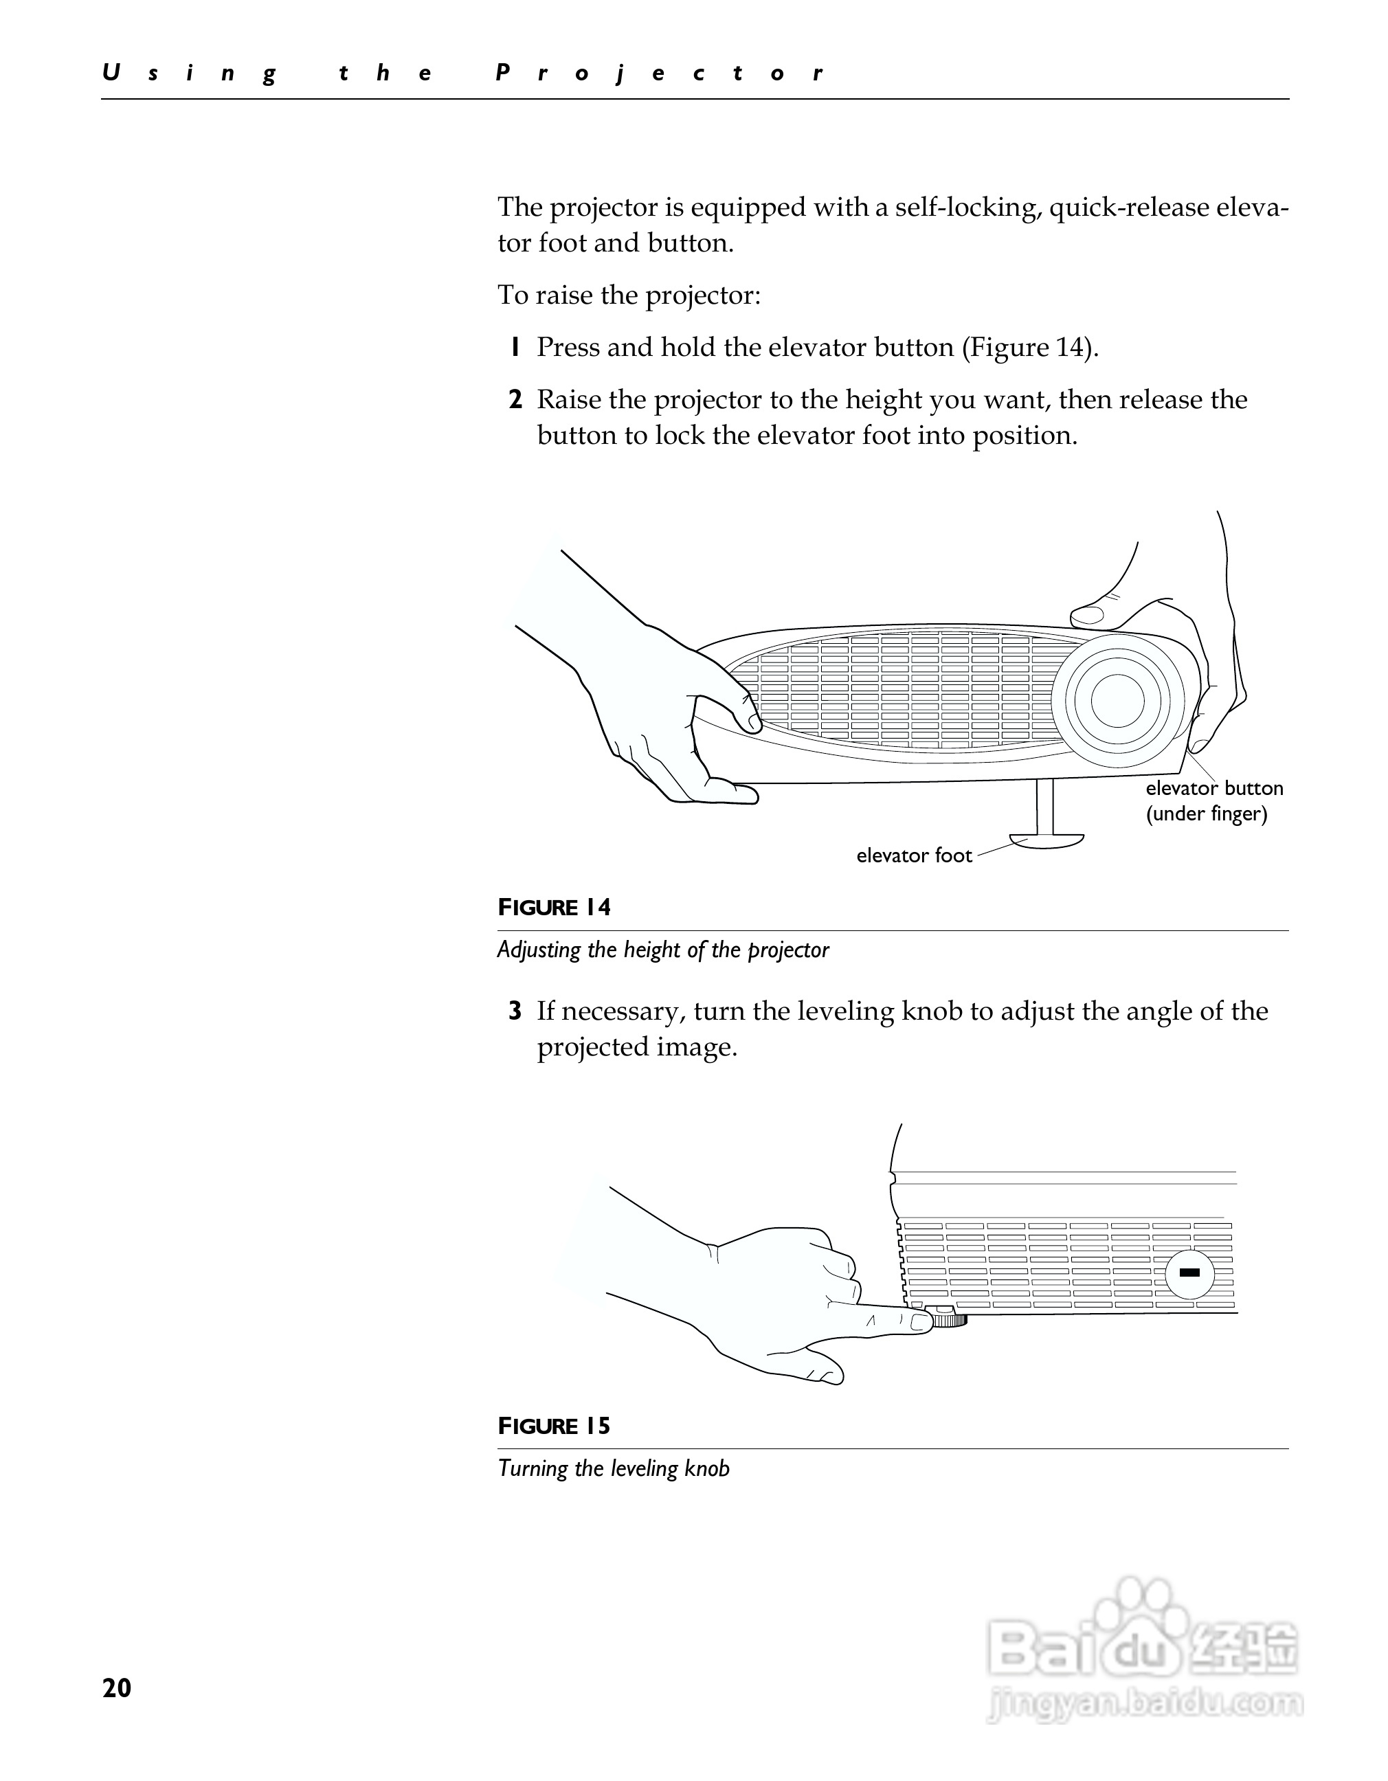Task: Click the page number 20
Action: coord(117,1688)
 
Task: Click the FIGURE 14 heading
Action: coord(554,907)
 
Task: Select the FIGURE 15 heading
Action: coord(554,1426)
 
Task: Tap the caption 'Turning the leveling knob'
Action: coord(614,1468)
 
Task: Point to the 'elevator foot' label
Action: coord(913,855)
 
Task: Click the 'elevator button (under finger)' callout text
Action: coord(1213,800)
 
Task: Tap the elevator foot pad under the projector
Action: coord(1046,840)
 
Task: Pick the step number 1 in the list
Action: coord(515,348)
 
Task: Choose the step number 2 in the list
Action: coord(515,400)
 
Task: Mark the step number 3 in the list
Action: coord(515,1011)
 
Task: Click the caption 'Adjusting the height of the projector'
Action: coord(662,950)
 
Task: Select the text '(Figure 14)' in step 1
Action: coord(1030,348)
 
